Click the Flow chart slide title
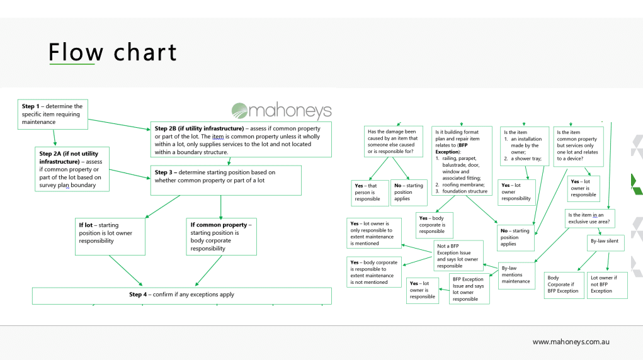click(x=113, y=52)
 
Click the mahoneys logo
click(x=281, y=111)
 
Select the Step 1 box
click(x=53, y=114)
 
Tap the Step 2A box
click(x=72, y=169)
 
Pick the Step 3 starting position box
click(x=225, y=180)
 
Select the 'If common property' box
click(x=222, y=236)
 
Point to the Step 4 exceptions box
click(x=181, y=295)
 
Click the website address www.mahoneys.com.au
click(x=571, y=342)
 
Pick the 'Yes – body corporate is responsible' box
click(x=434, y=225)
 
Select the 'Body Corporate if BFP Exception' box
click(x=563, y=284)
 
